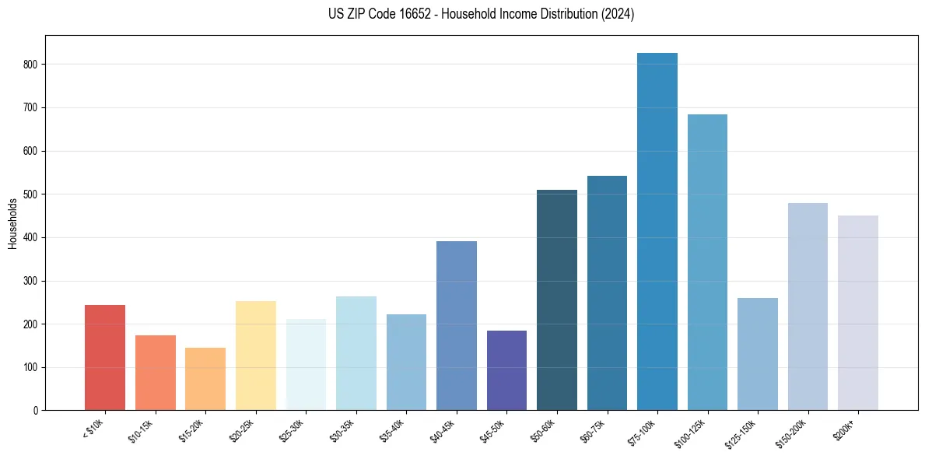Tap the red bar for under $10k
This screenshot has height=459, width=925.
[x=105, y=357]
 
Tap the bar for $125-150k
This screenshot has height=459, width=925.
[x=757, y=354]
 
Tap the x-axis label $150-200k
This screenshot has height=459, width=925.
[x=792, y=433]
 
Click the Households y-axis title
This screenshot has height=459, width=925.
[x=12, y=223]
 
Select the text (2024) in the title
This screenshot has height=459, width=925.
[x=618, y=14]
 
